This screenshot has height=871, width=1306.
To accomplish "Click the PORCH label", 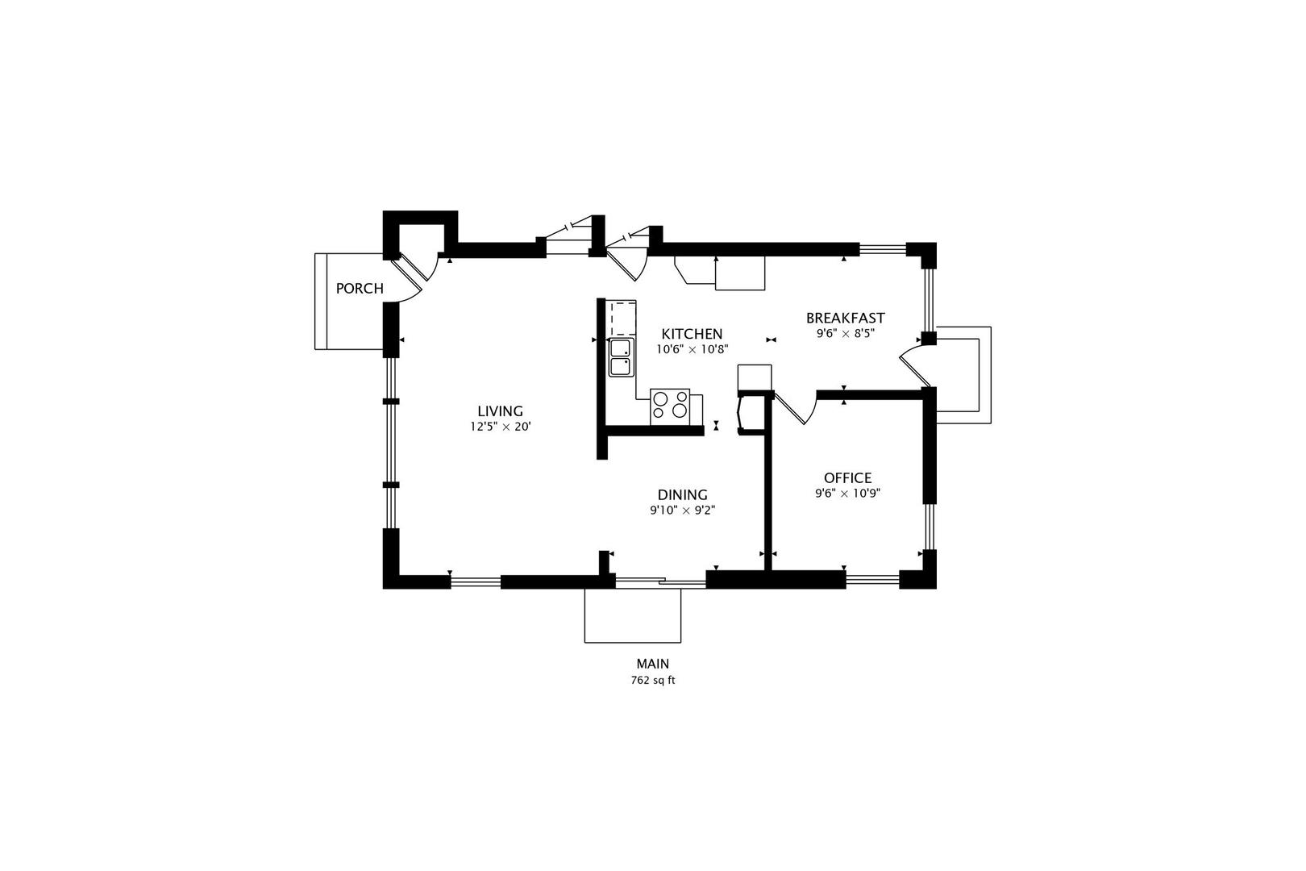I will coord(360,289).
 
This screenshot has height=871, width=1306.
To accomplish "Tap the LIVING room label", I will coord(500,411).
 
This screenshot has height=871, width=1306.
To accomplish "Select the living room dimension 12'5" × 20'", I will coord(501,427).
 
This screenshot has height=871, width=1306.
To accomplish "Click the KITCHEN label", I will coord(692,334).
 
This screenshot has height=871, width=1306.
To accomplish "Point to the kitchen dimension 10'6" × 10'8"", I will coord(692,350).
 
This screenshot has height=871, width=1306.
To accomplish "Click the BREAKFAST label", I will coord(845,318).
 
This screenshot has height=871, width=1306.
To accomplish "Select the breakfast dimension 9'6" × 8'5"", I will coord(845,333).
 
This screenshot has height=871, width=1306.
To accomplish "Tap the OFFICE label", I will coord(847,478).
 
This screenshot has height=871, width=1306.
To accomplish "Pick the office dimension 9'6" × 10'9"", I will coord(847,494).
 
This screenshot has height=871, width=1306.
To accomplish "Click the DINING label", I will coord(682,495).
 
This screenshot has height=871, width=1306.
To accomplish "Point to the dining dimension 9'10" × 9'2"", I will coord(683,511).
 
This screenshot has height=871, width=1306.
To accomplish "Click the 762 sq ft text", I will coord(652,680).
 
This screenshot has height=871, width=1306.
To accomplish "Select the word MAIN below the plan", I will coord(652,665).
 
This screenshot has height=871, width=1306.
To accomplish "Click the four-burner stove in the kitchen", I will coord(671,405).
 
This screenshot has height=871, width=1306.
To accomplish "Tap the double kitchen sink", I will coord(621,358).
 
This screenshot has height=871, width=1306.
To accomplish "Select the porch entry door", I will coord(414,277).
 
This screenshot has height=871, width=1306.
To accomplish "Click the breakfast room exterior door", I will coord(915,365).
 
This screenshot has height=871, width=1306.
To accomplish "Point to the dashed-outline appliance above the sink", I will coord(622,319).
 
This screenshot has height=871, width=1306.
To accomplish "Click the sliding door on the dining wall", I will coord(660,581).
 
